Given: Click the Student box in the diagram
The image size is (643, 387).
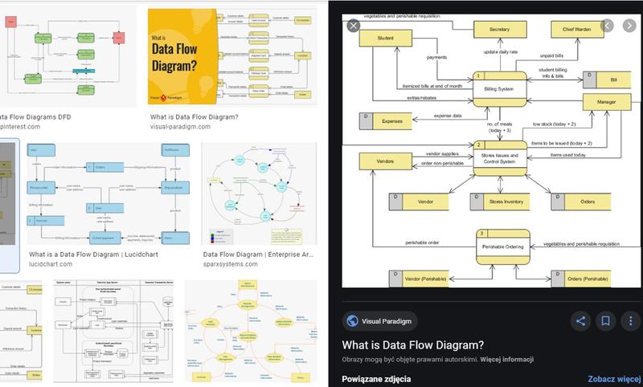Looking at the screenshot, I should [x=385, y=38].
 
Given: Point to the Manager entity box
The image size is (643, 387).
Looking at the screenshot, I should [x=607, y=103].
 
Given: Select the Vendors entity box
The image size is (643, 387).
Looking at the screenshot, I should [x=385, y=161].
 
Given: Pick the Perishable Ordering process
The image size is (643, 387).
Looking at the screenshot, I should [x=503, y=246].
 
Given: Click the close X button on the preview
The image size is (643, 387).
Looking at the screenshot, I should [x=352, y=26].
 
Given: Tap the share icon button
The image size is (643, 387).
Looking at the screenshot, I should [x=580, y=321].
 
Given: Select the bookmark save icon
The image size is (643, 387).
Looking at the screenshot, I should [x=605, y=321].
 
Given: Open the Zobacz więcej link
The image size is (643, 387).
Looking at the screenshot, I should [x=613, y=379].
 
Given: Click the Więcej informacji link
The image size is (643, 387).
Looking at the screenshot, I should [x=506, y=359].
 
